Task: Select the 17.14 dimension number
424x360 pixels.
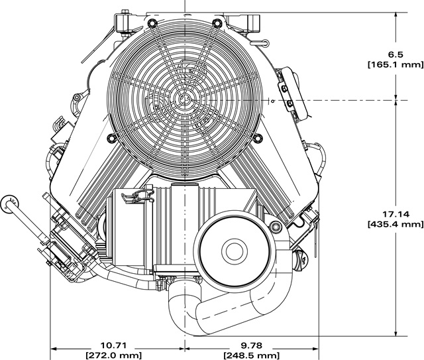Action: pyautogui.click(x=397, y=214)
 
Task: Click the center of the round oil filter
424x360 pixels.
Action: pyautogui.click(x=233, y=251)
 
